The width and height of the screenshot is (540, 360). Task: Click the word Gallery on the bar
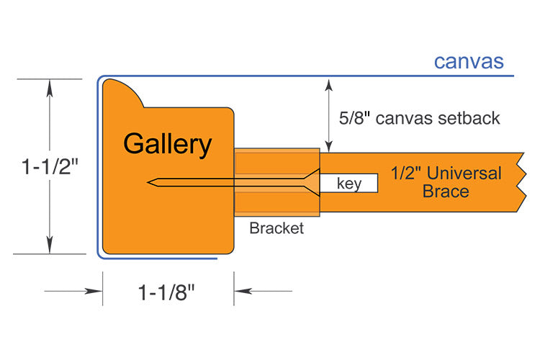point(167,144)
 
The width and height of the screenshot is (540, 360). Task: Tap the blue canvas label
point(468,61)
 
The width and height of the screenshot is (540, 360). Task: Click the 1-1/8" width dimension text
point(167,292)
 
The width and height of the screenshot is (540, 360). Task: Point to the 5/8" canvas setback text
point(418,118)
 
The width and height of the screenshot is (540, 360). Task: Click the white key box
point(349,184)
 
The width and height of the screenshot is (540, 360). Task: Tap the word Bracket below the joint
point(276,229)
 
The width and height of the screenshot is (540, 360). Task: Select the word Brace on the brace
point(446,192)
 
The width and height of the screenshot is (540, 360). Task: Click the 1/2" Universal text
point(446,174)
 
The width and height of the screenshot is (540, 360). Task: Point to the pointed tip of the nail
point(149,183)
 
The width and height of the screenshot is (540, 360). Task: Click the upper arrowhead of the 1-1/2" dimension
point(49,86)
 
